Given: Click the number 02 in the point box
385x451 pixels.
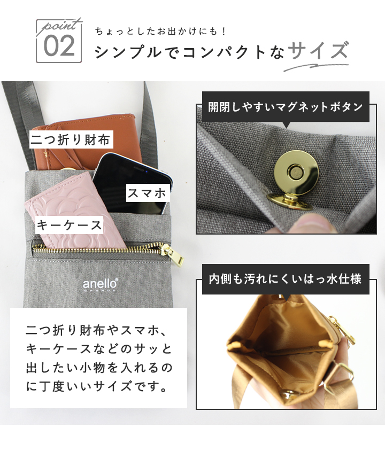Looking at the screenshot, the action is [x=59, y=46].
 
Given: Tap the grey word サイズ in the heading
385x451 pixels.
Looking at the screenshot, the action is [x=319, y=51].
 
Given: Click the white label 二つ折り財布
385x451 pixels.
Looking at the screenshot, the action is [x=71, y=140].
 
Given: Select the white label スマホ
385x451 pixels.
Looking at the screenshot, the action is [x=148, y=193].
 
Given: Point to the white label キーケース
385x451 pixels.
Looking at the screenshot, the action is [x=69, y=225].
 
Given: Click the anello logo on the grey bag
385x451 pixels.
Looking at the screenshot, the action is [x=100, y=284].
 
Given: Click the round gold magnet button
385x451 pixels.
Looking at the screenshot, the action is [x=296, y=172].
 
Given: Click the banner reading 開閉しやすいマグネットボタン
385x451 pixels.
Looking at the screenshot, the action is [x=286, y=107].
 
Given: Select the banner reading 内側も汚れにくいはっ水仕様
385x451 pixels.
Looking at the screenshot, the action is [x=286, y=279].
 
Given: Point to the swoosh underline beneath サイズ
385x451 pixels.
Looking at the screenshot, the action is [x=315, y=66].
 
